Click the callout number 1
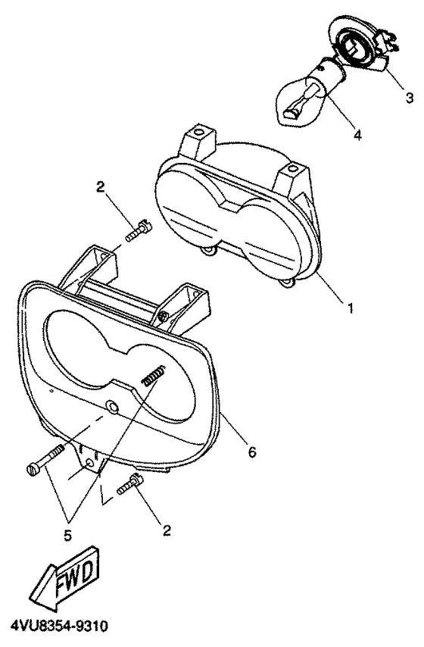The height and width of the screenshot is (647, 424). (350, 308)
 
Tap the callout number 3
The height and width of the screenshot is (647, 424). (409, 98)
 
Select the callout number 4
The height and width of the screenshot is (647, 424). (357, 135)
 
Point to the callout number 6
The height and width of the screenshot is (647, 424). (251, 452)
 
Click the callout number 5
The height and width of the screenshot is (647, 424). (67, 536)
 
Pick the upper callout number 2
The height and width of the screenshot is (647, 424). (100, 188)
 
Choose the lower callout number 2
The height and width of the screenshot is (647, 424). (167, 530)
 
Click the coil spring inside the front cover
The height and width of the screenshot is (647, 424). (154, 375)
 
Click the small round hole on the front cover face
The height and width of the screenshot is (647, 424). (112, 406)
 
